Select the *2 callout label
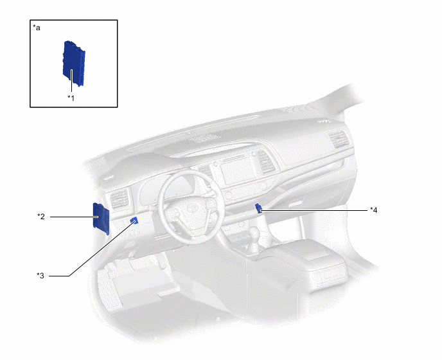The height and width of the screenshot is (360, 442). click(40, 217)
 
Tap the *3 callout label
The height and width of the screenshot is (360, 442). click(40, 276)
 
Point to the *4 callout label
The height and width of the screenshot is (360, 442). click(373, 210)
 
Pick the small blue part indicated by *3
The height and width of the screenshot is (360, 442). click(134, 221)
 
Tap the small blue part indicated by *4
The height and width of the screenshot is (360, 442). click(258, 207)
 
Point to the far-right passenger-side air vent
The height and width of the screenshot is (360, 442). click(337, 141)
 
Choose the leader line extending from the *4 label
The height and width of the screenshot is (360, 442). click(315, 210)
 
